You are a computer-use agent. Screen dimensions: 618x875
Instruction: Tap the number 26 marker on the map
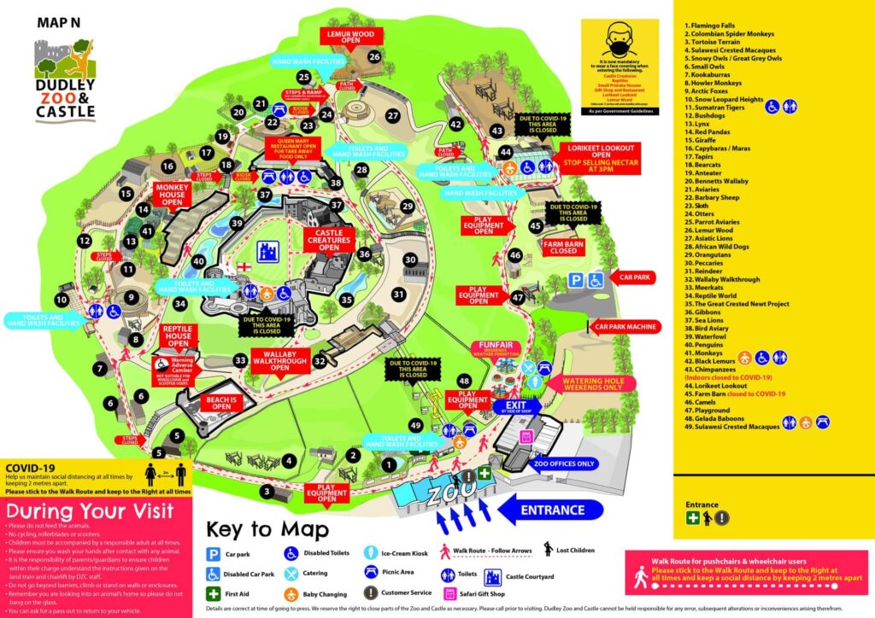373,56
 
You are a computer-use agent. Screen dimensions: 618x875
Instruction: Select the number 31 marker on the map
397,294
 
